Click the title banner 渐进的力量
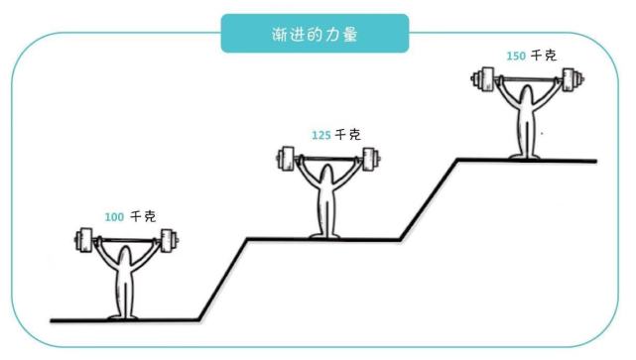(316, 33)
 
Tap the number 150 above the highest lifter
(515, 57)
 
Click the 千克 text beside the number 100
(144, 215)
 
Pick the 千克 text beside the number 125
(347, 135)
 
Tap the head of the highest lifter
(525, 95)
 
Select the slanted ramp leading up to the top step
(428, 198)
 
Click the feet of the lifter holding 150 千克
(525, 155)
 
